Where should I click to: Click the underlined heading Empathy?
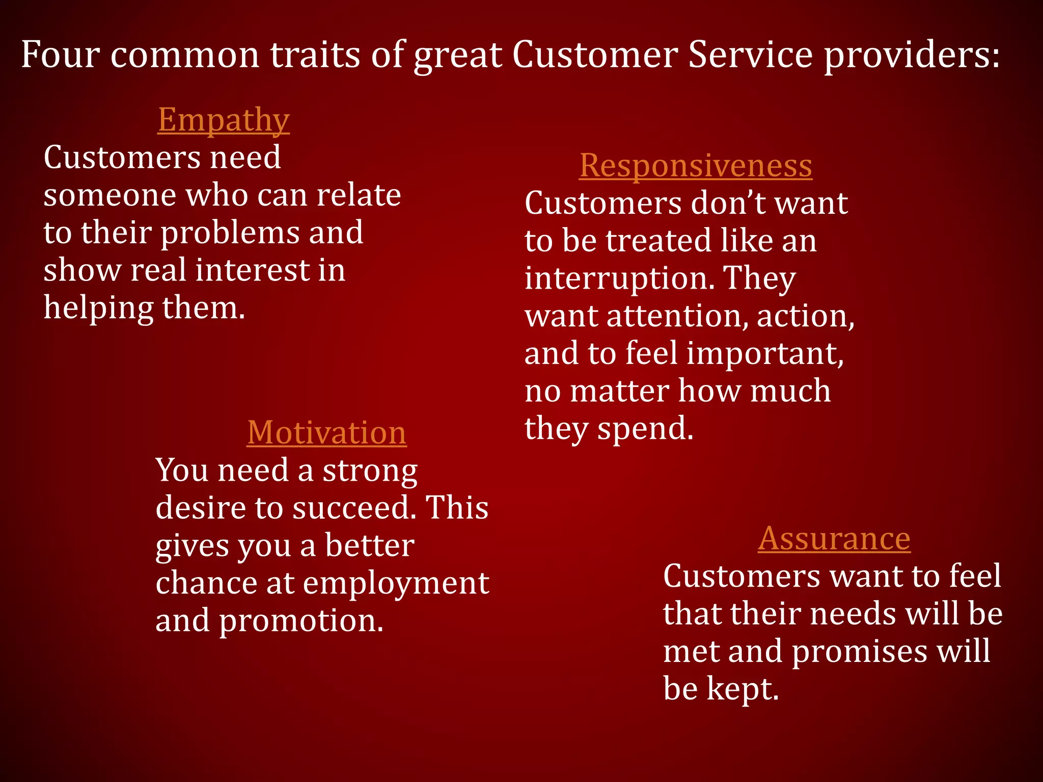click(224, 120)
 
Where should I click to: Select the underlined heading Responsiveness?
click(696, 166)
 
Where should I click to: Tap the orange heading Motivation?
click(326, 433)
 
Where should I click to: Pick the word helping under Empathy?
click(98, 309)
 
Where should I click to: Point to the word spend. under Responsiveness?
click(645, 429)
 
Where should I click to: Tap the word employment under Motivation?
click(396, 583)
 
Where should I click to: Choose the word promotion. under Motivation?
click(301, 621)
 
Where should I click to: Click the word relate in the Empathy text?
click(359, 195)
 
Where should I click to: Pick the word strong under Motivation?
click(370, 470)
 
